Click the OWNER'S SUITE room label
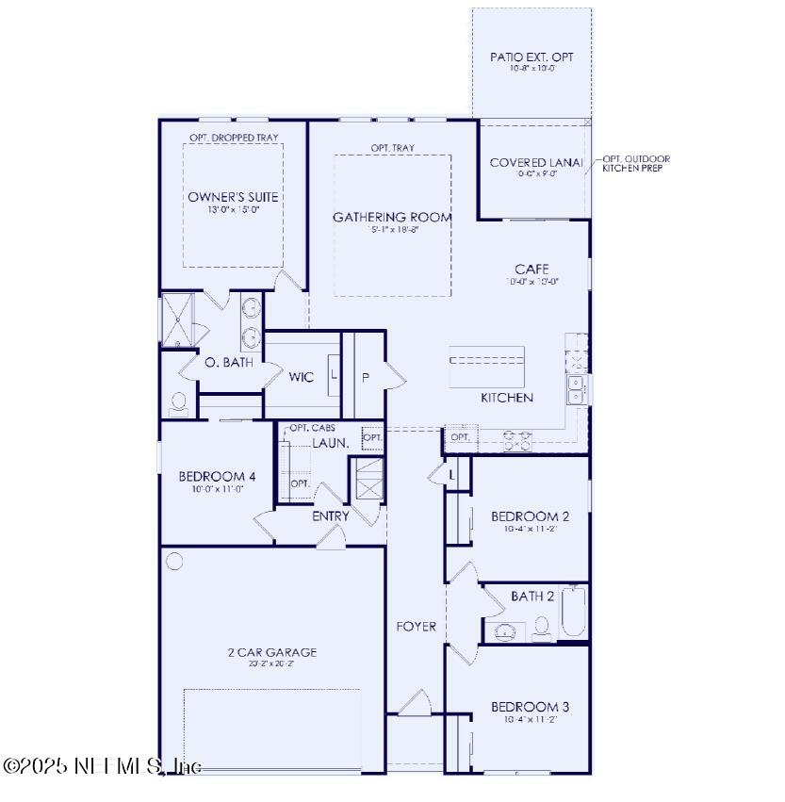233,197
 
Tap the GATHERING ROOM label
392,217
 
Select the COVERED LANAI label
536,163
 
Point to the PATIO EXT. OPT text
532,57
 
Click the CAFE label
532,270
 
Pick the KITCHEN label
507,398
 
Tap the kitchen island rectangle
487,365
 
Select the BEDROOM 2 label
530,516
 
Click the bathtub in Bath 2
573,614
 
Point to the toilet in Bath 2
541,628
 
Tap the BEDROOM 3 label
530,707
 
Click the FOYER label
416,627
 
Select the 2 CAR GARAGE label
271,652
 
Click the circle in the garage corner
175,562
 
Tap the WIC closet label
302,377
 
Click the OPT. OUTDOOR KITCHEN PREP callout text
636,163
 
